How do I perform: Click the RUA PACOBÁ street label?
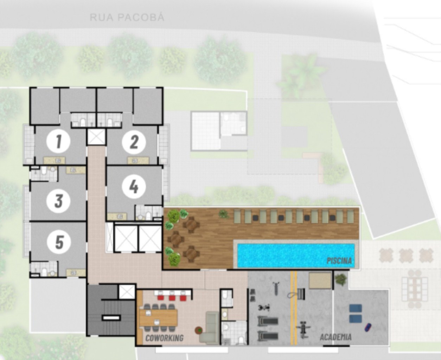coord(127,17)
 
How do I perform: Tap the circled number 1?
coord(59,141)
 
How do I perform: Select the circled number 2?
coord(134,142)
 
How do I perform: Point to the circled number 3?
coord(59,201)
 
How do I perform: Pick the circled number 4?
coord(134,187)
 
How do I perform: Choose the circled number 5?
coord(59,242)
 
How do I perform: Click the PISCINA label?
coord(339,261)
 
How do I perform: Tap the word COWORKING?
coord(164,338)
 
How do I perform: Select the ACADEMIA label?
coord(335,337)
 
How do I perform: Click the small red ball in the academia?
coord(368,327)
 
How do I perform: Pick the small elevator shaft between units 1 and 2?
coord(96,137)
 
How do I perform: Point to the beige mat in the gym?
coord(320,280)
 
